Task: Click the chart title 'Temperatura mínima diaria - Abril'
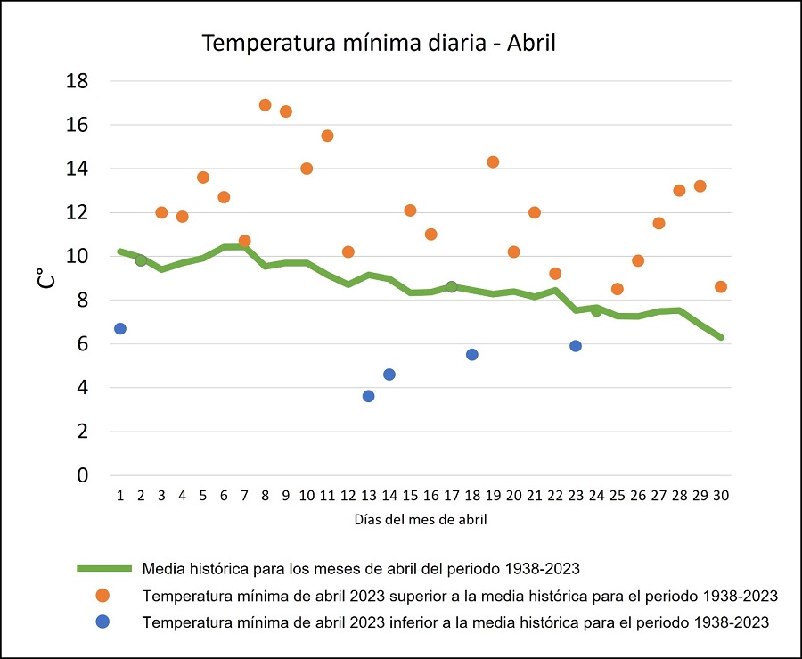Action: (x=379, y=43)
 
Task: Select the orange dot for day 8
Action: (x=265, y=105)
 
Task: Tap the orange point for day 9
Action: (x=286, y=111)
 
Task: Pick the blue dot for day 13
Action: (x=369, y=396)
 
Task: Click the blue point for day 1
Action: (x=120, y=329)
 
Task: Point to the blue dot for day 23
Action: (x=576, y=346)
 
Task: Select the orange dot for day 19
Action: (x=493, y=162)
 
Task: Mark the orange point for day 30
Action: (x=721, y=287)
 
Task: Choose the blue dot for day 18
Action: (x=472, y=355)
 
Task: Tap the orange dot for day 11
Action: (x=327, y=136)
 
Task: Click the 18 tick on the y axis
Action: (x=78, y=81)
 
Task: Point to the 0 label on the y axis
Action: (x=83, y=475)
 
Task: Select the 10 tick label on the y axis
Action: (x=78, y=257)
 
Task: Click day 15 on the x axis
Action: (x=410, y=495)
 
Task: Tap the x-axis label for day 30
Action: (x=721, y=495)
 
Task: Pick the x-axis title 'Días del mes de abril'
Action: (x=421, y=519)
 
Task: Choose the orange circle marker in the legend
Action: (x=104, y=596)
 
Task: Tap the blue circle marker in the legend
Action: (x=104, y=622)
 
